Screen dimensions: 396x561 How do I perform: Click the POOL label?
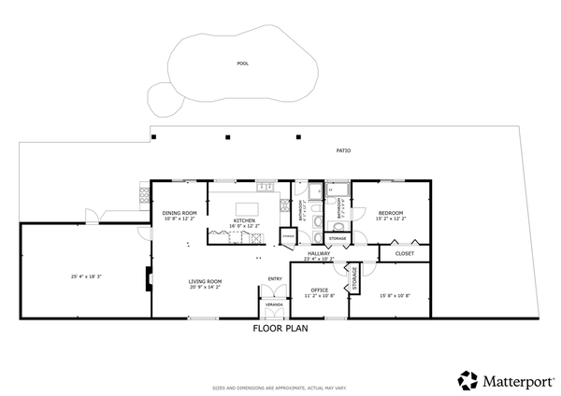(243, 64)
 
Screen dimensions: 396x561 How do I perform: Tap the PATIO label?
(344, 150)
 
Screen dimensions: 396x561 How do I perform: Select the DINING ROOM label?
(180, 213)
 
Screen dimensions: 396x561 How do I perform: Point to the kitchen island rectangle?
(247, 207)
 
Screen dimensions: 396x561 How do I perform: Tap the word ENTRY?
(275, 278)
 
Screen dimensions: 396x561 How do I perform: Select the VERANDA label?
(274, 304)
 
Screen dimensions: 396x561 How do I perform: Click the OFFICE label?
(318, 290)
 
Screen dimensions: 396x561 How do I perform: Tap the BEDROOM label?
(390, 214)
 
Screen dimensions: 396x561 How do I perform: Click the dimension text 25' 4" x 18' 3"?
(86, 276)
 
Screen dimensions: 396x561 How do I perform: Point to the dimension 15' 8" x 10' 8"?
(395, 296)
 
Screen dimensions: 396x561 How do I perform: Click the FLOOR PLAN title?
(280, 329)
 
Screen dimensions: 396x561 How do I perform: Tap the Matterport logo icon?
(467, 380)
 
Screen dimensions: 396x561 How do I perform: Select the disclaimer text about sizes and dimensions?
(280, 386)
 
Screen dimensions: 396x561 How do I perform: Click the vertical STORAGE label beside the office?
(354, 277)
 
